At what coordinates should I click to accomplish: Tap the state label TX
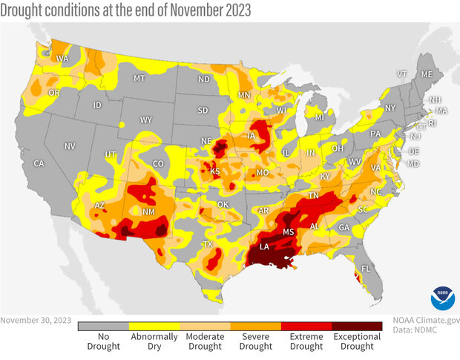tap(208, 244)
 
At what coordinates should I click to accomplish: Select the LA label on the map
tap(263, 246)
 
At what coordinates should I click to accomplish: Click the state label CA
tap(39, 163)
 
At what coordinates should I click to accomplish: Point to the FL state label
tap(366, 268)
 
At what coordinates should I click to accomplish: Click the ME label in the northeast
tap(426, 75)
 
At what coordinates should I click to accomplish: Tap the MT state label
tap(139, 78)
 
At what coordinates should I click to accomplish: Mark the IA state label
tap(259, 137)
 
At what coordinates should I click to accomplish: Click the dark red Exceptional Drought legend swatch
tap(357, 325)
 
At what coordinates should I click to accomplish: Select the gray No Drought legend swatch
tap(103, 325)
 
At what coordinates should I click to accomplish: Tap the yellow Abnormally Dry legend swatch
tap(154, 325)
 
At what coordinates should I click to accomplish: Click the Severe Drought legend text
tap(255, 341)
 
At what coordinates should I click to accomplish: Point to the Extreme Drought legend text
tap(306, 341)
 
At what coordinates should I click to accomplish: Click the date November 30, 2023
tap(36, 321)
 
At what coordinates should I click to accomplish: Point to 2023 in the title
tap(230, 10)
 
